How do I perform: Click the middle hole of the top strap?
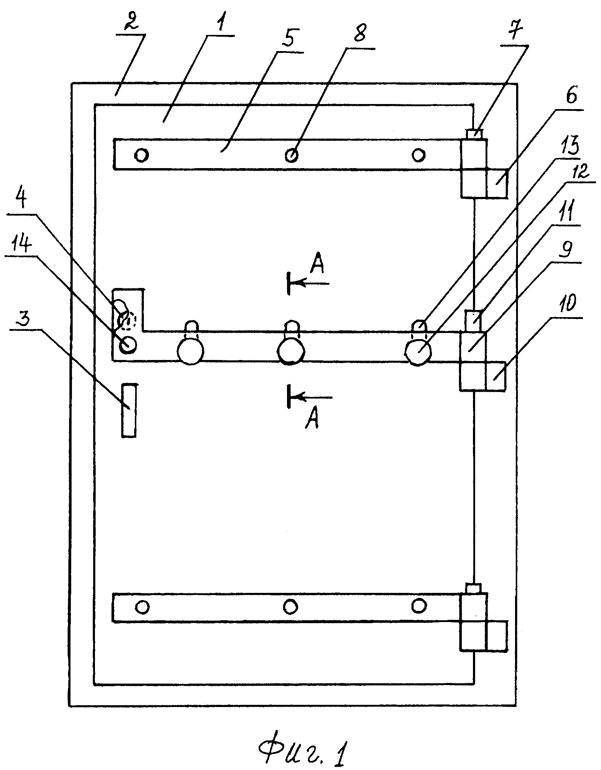tap(291, 155)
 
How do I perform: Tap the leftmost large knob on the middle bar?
tap(190, 351)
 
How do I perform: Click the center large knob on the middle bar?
tap(291, 351)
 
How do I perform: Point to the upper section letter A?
tap(317, 264)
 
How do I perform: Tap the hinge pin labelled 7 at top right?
tap(475, 134)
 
